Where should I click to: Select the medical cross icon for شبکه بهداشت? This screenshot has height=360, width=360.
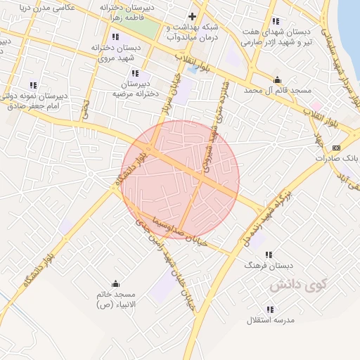click(192, 16)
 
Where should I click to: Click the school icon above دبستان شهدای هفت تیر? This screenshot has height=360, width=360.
click(274, 21)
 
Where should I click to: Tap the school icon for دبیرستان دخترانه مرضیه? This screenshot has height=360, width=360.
click(135, 73)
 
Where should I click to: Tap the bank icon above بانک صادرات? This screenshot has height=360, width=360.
click(336, 148)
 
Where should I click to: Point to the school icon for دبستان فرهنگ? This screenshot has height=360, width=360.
click(267, 255)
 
